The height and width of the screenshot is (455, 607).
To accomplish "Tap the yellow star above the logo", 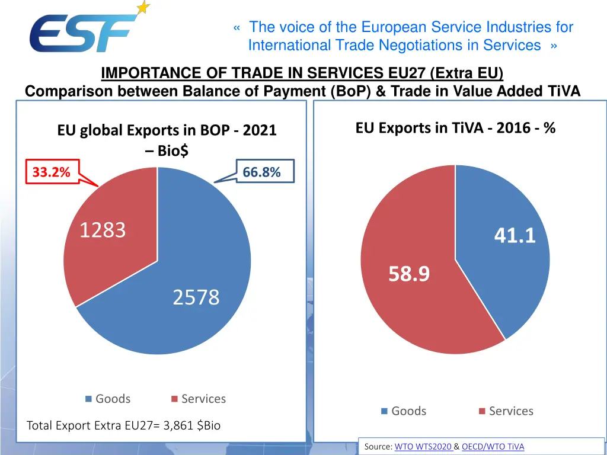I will click(143, 8).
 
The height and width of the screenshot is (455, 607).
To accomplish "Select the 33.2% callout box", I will click(52, 172).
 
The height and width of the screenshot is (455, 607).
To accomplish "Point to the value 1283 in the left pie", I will click(103, 230).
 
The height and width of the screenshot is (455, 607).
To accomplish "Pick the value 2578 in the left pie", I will click(196, 297).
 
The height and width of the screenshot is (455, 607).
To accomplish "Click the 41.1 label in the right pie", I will click(515, 236).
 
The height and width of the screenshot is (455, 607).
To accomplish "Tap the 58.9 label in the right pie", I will click(409, 274).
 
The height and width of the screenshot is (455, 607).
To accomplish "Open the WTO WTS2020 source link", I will click(423, 447).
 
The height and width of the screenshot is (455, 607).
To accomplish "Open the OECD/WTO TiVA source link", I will click(493, 447).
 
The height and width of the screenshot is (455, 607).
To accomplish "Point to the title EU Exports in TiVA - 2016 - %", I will click(455, 128).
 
